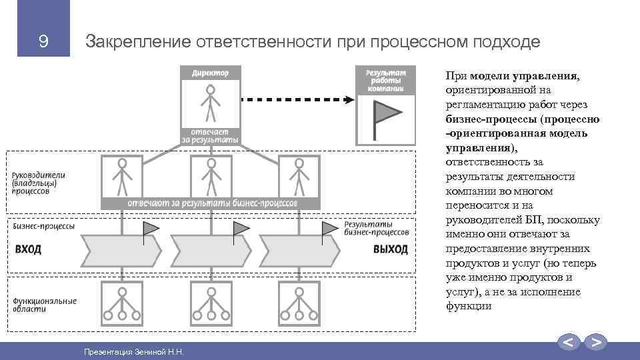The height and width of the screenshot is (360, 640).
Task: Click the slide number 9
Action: tap(43, 42)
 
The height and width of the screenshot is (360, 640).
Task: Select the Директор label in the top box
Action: tap(211, 73)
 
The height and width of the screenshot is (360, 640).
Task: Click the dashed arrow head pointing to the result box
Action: tap(349, 100)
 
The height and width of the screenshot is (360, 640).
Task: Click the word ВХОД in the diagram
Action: tap(28, 249)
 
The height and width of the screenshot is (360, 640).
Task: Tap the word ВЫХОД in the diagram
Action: tap(391, 249)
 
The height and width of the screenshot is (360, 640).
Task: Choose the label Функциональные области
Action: tap(44, 305)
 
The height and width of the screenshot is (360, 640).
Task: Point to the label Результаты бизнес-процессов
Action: tap(377, 228)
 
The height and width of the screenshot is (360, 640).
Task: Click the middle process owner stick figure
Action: tap(211, 174)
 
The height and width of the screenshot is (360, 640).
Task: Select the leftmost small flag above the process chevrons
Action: tap(151, 229)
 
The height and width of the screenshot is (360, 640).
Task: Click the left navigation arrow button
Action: tap(569, 343)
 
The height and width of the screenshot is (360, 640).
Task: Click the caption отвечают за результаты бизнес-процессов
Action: tap(212, 203)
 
